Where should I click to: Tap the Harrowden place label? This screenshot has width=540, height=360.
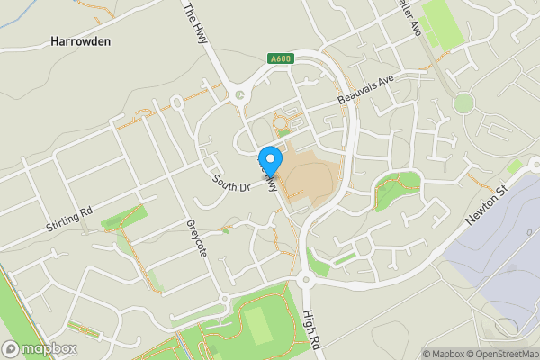pyautogui.click(x=80, y=41)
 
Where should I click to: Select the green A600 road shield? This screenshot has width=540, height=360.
pyautogui.click(x=280, y=59)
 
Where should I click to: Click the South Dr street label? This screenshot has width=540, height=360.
pyautogui.click(x=230, y=181)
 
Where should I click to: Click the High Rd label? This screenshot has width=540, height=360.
pyautogui.click(x=311, y=327)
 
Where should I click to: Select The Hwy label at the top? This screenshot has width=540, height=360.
pyautogui.click(x=194, y=17)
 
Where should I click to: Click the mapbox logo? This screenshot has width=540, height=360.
pyautogui.click(x=39, y=347)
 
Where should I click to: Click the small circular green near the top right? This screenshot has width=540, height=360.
pyautogui.click(x=463, y=102)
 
